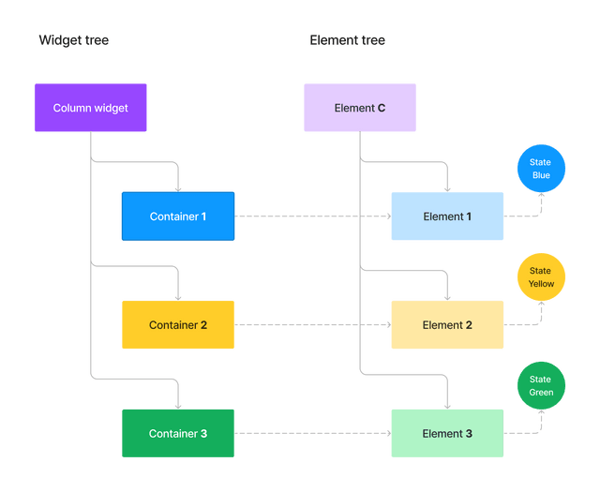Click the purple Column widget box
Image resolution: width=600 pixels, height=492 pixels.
point(90,108)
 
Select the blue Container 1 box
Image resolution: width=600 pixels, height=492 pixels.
point(178,216)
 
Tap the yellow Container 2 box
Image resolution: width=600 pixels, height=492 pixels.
point(178,325)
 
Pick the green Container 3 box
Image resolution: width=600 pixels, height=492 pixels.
point(178,434)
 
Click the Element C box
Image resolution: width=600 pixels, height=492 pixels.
point(359,108)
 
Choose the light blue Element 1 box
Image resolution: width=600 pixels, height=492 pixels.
point(447,216)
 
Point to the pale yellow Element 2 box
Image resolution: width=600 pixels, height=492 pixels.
point(447,325)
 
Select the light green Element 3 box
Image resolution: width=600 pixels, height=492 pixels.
point(447,434)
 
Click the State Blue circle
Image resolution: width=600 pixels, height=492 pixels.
point(541,169)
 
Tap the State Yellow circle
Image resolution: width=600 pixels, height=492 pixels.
point(541,277)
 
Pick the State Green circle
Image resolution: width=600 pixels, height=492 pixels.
point(541,386)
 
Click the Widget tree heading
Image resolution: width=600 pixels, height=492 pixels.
point(73,40)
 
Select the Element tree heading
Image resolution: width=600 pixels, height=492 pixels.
point(347,40)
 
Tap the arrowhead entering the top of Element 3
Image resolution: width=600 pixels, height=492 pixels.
point(448,405)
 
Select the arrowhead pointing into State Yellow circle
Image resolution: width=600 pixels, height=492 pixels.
point(541,306)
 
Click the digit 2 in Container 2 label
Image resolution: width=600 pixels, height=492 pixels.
point(203,325)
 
